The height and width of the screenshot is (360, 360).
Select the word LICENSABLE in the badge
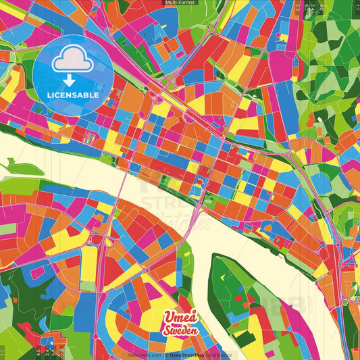(72, 95)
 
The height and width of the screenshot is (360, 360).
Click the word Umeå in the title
(180, 317)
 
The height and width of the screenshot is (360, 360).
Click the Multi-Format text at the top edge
(180, 3)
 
